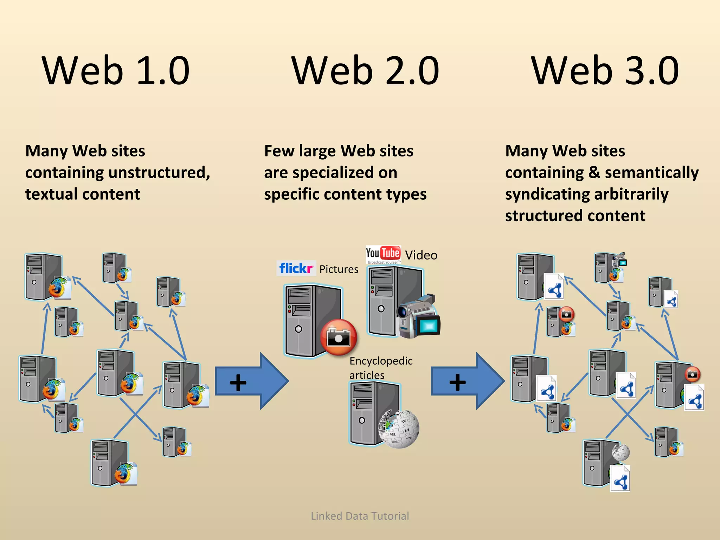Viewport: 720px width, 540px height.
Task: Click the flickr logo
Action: pyautogui.click(x=296, y=268)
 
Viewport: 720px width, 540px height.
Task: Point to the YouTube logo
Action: pyautogui.click(x=383, y=254)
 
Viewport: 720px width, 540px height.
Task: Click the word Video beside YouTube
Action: pyautogui.click(x=421, y=255)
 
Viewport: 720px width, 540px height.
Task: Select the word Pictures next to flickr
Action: pyautogui.click(x=339, y=269)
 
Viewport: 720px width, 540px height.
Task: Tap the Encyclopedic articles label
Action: pyautogui.click(x=381, y=368)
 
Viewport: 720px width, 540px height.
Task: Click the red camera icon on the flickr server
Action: pyautogui.click(x=339, y=337)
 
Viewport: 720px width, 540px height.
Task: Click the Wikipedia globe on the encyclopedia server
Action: pyautogui.click(x=399, y=429)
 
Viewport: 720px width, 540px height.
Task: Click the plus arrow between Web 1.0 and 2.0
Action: pyautogui.click(x=251, y=381)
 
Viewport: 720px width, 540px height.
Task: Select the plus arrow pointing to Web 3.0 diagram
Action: pyautogui.click(x=468, y=381)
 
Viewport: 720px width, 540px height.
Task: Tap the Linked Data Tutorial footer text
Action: pyautogui.click(x=360, y=516)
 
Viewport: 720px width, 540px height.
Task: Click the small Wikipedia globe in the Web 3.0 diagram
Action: pyautogui.click(x=621, y=452)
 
